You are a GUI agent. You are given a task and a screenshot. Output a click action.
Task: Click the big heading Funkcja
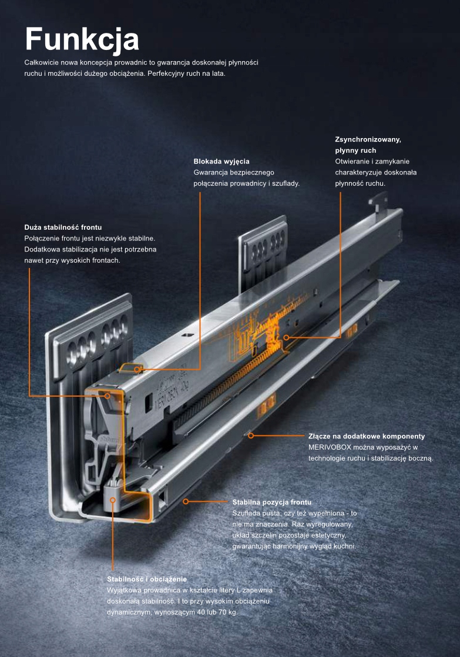82,39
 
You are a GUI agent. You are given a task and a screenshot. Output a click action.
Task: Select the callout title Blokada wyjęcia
221,161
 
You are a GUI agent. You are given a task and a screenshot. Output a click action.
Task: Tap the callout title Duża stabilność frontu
63,227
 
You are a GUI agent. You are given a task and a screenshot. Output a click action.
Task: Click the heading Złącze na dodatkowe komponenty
367,436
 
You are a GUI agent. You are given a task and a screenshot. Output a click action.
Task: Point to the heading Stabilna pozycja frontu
271,502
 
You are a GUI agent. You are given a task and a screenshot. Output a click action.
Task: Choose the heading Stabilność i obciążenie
147,579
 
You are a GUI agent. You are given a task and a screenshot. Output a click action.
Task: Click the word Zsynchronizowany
368,139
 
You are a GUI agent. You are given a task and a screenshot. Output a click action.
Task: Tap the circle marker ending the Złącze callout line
250,435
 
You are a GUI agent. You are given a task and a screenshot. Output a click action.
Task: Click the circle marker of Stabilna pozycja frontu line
186,501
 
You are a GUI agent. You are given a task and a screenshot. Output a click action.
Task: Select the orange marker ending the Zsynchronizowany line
286,337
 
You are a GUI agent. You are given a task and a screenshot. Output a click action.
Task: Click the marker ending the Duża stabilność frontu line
108,396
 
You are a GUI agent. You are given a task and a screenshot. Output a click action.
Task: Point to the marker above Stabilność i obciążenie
113,500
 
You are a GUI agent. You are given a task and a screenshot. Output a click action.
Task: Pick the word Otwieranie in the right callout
354,162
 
